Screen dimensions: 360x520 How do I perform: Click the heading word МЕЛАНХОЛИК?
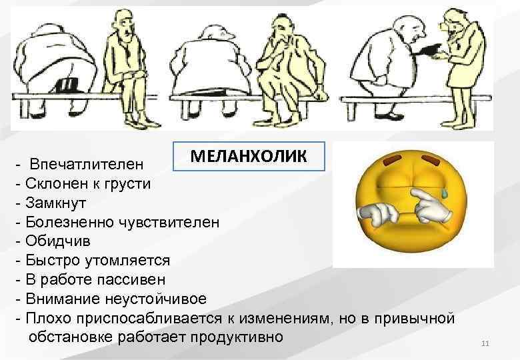click(249, 157)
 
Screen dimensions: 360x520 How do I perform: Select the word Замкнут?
click(56, 202)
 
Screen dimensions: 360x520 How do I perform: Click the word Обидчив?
click(57, 240)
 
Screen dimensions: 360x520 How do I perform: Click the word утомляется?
click(127, 259)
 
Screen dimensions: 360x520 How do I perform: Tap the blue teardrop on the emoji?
click(442, 194)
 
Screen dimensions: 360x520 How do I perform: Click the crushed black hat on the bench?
click(67, 84)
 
